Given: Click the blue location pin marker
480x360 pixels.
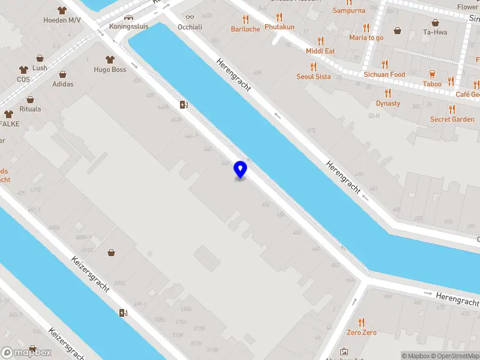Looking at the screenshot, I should [240, 169].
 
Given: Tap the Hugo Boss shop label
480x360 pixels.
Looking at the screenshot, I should [110, 70].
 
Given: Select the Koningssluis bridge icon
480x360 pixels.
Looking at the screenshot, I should [128, 17].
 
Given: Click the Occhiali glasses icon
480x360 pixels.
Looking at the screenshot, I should [190, 17].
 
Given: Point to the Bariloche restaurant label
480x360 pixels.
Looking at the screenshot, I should [246, 29].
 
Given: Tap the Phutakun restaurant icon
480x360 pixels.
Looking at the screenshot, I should [279, 17].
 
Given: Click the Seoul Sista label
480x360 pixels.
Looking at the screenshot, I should [313, 77].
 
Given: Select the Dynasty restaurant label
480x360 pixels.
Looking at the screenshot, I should [388, 103].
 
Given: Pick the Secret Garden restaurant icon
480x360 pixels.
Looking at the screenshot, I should [452, 109].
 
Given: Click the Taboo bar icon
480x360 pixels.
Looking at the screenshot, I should [431, 74].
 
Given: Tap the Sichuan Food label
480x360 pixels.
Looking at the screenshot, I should [384, 74].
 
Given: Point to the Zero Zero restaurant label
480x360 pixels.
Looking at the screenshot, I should [361, 332].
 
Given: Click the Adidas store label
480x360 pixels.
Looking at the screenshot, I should [63, 84].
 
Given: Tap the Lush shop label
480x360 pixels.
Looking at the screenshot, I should [40, 68].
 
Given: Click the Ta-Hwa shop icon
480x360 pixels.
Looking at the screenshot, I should [397, 30].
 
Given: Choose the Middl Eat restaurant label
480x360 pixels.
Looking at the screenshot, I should [320, 51].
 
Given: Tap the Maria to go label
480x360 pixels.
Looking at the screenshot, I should [366, 37].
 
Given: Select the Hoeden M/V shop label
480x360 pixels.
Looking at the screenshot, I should [62, 20].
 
